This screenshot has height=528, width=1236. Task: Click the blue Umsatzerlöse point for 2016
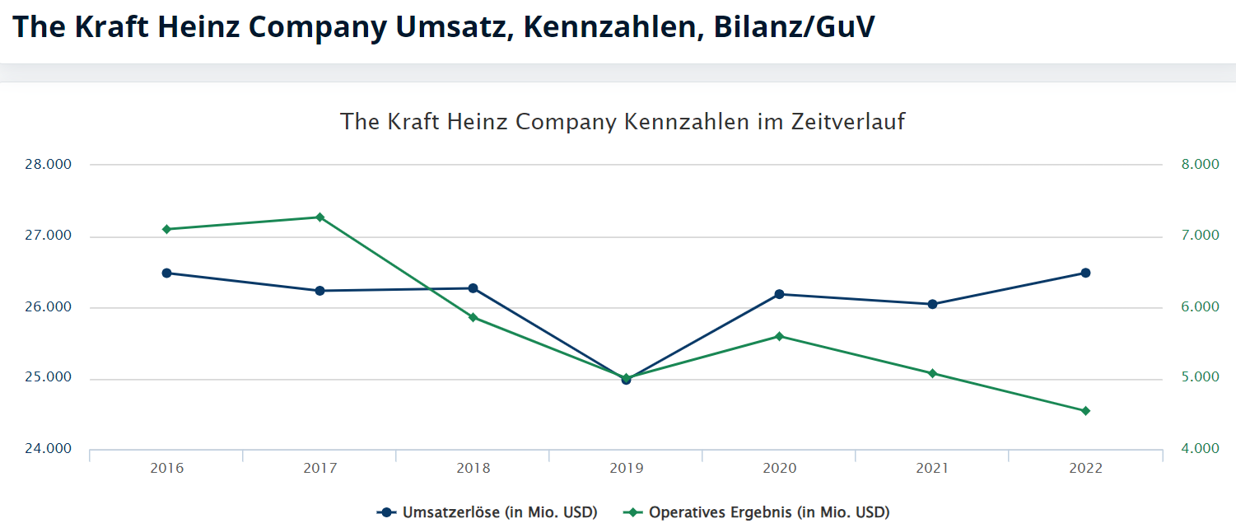point(166,273)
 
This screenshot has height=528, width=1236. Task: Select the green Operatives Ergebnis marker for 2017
point(319,217)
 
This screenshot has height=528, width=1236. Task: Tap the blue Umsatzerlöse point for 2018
point(473,288)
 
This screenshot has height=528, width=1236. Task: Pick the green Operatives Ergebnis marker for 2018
point(473,317)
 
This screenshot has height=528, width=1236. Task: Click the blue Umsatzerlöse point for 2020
point(779,294)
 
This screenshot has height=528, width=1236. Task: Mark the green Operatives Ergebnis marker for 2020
point(779,336)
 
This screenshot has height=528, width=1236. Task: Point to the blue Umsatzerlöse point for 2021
point(932,304)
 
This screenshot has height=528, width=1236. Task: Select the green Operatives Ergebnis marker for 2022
point(1085,411)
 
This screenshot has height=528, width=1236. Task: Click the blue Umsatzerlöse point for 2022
point(1085,273)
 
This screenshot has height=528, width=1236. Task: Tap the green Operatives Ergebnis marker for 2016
point(166,229)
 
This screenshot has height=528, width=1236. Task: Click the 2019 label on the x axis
point(626,468)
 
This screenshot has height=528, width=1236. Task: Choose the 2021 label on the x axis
point(932,468)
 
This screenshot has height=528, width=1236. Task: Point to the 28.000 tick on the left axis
point(49,164)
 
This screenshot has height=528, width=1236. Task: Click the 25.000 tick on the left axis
point(49,378)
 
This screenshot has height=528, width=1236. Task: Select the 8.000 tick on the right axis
point(1200,164)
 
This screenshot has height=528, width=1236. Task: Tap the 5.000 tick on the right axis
point(1200,377)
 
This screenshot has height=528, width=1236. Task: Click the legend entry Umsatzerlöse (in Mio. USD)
point(499,512)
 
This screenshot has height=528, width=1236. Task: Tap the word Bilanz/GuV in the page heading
point(795,26)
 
